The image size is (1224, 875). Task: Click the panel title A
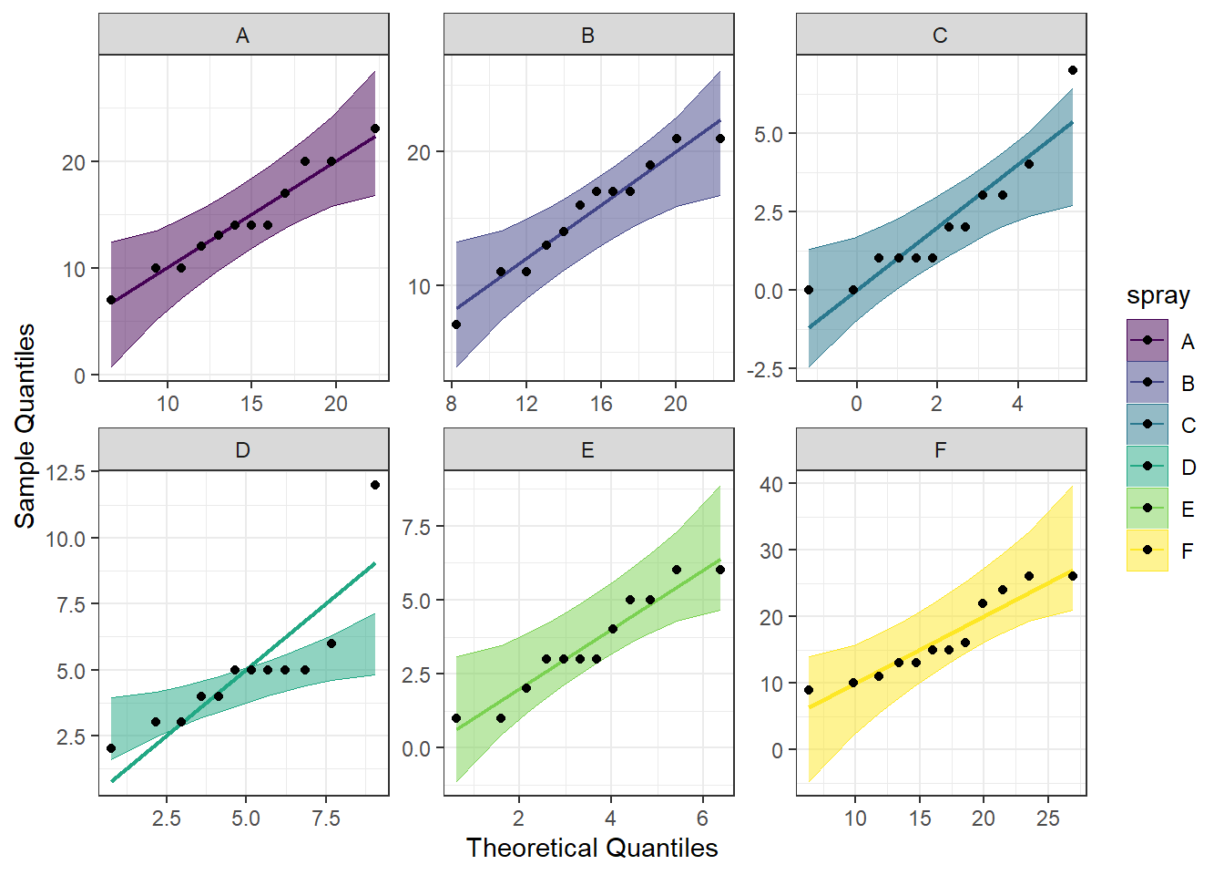click(x=242, y=36)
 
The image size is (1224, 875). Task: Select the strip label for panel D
click(x=242, y=450)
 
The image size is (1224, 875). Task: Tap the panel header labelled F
click(x=940, y=450)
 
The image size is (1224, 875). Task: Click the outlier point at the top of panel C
click(x=1073, y=70)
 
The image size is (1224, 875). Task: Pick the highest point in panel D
click(x=375, y=485)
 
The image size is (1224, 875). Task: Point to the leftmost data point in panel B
click(x=456, y=324)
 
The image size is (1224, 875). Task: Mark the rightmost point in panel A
click(x=375, y=129)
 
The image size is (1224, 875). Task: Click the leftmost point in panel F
click(x=809, y=690)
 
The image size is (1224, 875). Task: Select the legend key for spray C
click(x=1147, y=425)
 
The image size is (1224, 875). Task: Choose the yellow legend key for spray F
click(x=1147, y=551)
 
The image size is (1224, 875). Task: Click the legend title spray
click(x=1158, y=296)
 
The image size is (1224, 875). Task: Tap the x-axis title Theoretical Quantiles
click(x=592, y=849)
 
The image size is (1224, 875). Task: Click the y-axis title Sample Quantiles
click(x=25, y=425)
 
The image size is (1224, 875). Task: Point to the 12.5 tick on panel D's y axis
click(x=66, y=472)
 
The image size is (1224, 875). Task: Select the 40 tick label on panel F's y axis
click(x=770, y=484)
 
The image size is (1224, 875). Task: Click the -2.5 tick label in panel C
click(x=763, y=370)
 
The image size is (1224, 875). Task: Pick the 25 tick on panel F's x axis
click(x=1047, y=818)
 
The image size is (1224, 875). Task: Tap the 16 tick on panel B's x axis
click(x=601, y=404)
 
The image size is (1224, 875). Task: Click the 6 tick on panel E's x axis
click(x=702, y=818)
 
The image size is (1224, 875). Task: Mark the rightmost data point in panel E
click(x=720, y=570)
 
